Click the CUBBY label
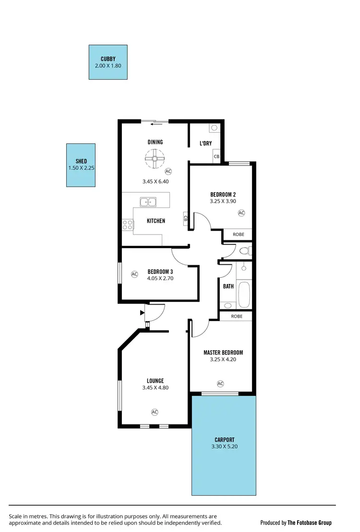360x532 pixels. [108, 59]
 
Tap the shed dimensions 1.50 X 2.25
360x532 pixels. [81, 168]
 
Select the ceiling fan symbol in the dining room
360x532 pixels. [155, 158]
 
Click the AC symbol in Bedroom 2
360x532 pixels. [241, 213]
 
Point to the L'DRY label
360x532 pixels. [206, 143]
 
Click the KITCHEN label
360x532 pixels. [156, 221]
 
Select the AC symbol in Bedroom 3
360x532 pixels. [134, 274]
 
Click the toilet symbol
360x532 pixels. [244, 250]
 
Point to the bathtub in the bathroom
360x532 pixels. [244, 294]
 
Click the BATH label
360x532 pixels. [228, 286]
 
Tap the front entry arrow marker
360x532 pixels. [142, 313]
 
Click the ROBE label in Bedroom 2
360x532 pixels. [238, 235]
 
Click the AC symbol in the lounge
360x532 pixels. [155, 412]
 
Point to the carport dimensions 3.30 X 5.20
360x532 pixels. [225, 447]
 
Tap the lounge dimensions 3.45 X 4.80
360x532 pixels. [155, 388]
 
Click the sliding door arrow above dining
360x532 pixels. [155, 124]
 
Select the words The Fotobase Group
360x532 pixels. [310, 522]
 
